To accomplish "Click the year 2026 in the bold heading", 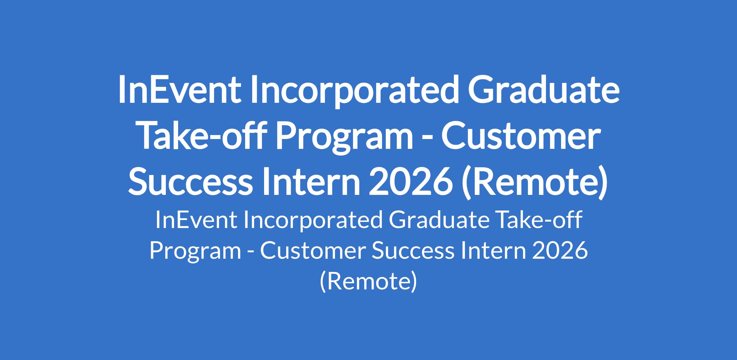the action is (411, 182).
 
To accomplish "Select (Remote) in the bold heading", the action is (535, 183).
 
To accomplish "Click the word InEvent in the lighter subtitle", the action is (196, 220).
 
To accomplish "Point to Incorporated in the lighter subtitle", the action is (313, 222).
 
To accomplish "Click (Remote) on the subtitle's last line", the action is (368, 282).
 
